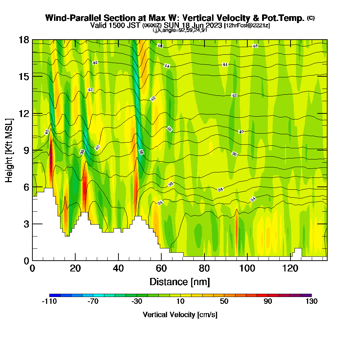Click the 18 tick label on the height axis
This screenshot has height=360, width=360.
tap(24, 40)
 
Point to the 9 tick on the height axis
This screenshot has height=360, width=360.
tap(32, 150)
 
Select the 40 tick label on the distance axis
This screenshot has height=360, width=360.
tap(118, 269)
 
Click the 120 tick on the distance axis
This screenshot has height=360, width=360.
tap(290, 260)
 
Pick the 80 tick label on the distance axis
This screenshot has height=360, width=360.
tap(204, 269)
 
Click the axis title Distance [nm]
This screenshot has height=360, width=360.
tap(180, 282)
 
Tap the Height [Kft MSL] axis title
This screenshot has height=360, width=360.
tap(9, 150)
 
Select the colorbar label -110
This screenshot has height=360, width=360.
tap(49, 302)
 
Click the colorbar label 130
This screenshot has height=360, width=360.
tap(311, 302)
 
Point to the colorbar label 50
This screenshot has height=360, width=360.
tap(224, 302)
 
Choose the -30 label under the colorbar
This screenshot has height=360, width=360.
tap(137, 302)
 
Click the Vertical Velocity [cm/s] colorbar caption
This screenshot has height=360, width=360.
tap(180, 315)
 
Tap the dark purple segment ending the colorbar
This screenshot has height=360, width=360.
tap(306, 295)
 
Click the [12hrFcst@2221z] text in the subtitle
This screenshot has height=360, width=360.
tap(247, 26)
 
